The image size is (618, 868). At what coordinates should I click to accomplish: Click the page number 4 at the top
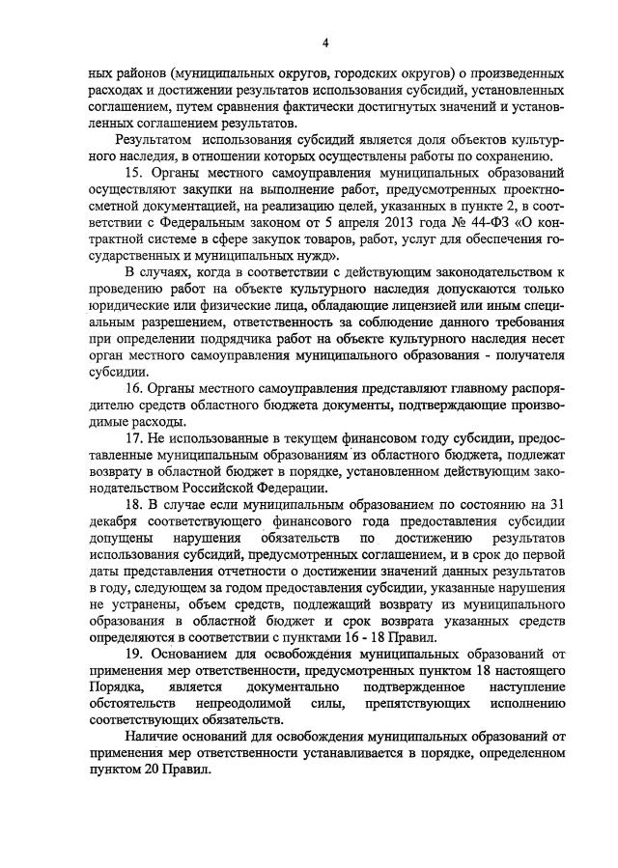(x=325, y=43)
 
